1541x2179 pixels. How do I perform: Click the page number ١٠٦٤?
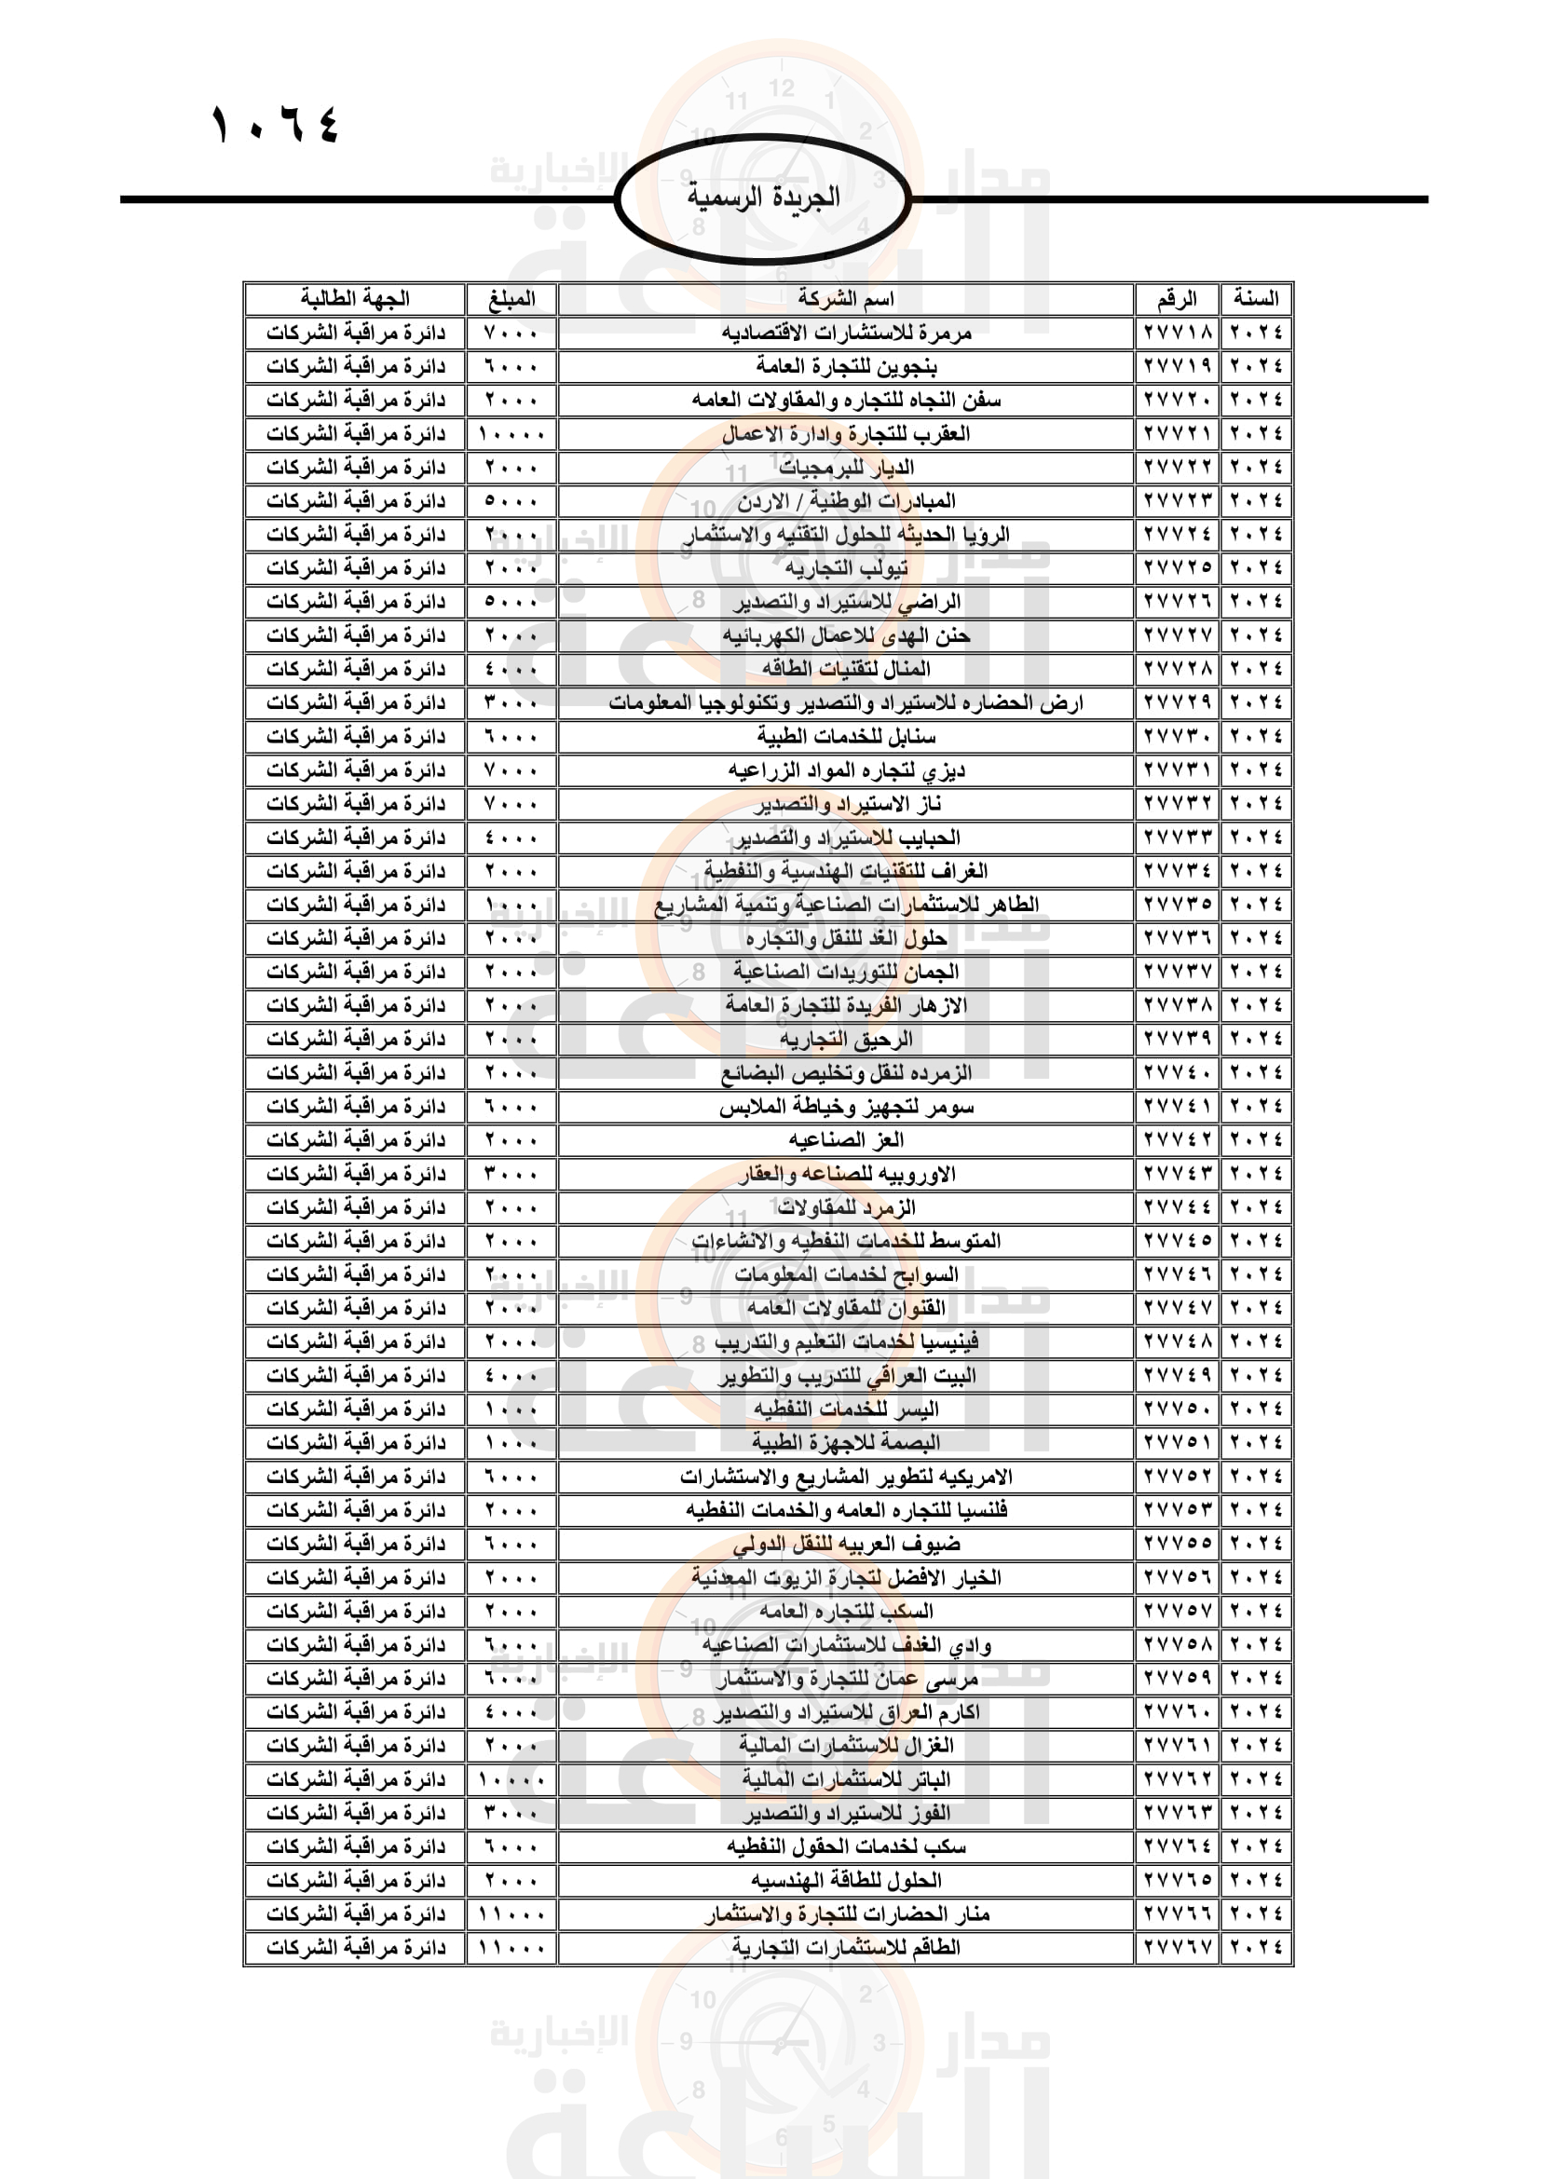(x=274, y=124)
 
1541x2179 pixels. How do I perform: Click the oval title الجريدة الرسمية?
(x=763, y=197)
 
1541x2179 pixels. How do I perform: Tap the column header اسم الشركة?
(x=845, y=299)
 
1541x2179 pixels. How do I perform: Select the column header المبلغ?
(x=511, y=299)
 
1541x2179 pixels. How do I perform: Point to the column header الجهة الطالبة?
(x=355, y=299)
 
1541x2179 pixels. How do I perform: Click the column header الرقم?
(x=1177, y=299)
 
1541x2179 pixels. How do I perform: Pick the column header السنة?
(x=1256, y=299)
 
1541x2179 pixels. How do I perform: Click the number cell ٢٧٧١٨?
(x=1178, y=333)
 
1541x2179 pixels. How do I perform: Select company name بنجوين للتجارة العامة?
(x=845, y=366)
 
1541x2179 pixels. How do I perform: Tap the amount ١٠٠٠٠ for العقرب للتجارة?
(x=511, y=434)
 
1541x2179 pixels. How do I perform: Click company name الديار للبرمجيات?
(x=845, y=467)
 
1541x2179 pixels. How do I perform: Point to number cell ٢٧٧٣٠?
(x=1178, y=737)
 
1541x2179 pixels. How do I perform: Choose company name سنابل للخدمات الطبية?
(x=845, y=737)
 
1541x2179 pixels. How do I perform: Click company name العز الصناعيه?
(x=845, y=1139)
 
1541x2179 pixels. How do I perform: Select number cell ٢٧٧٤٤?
(x=1178, y=1207)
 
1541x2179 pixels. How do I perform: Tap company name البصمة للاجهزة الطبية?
(x=845, y=1442)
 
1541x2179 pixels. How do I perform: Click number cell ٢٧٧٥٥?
(x=1178, y=1544)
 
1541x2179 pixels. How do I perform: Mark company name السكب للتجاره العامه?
(x=845, y=1612)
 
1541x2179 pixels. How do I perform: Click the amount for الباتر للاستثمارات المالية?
(x=511, y=1779)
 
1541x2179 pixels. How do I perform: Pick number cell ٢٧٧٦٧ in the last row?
(x=1178, y=1947)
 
